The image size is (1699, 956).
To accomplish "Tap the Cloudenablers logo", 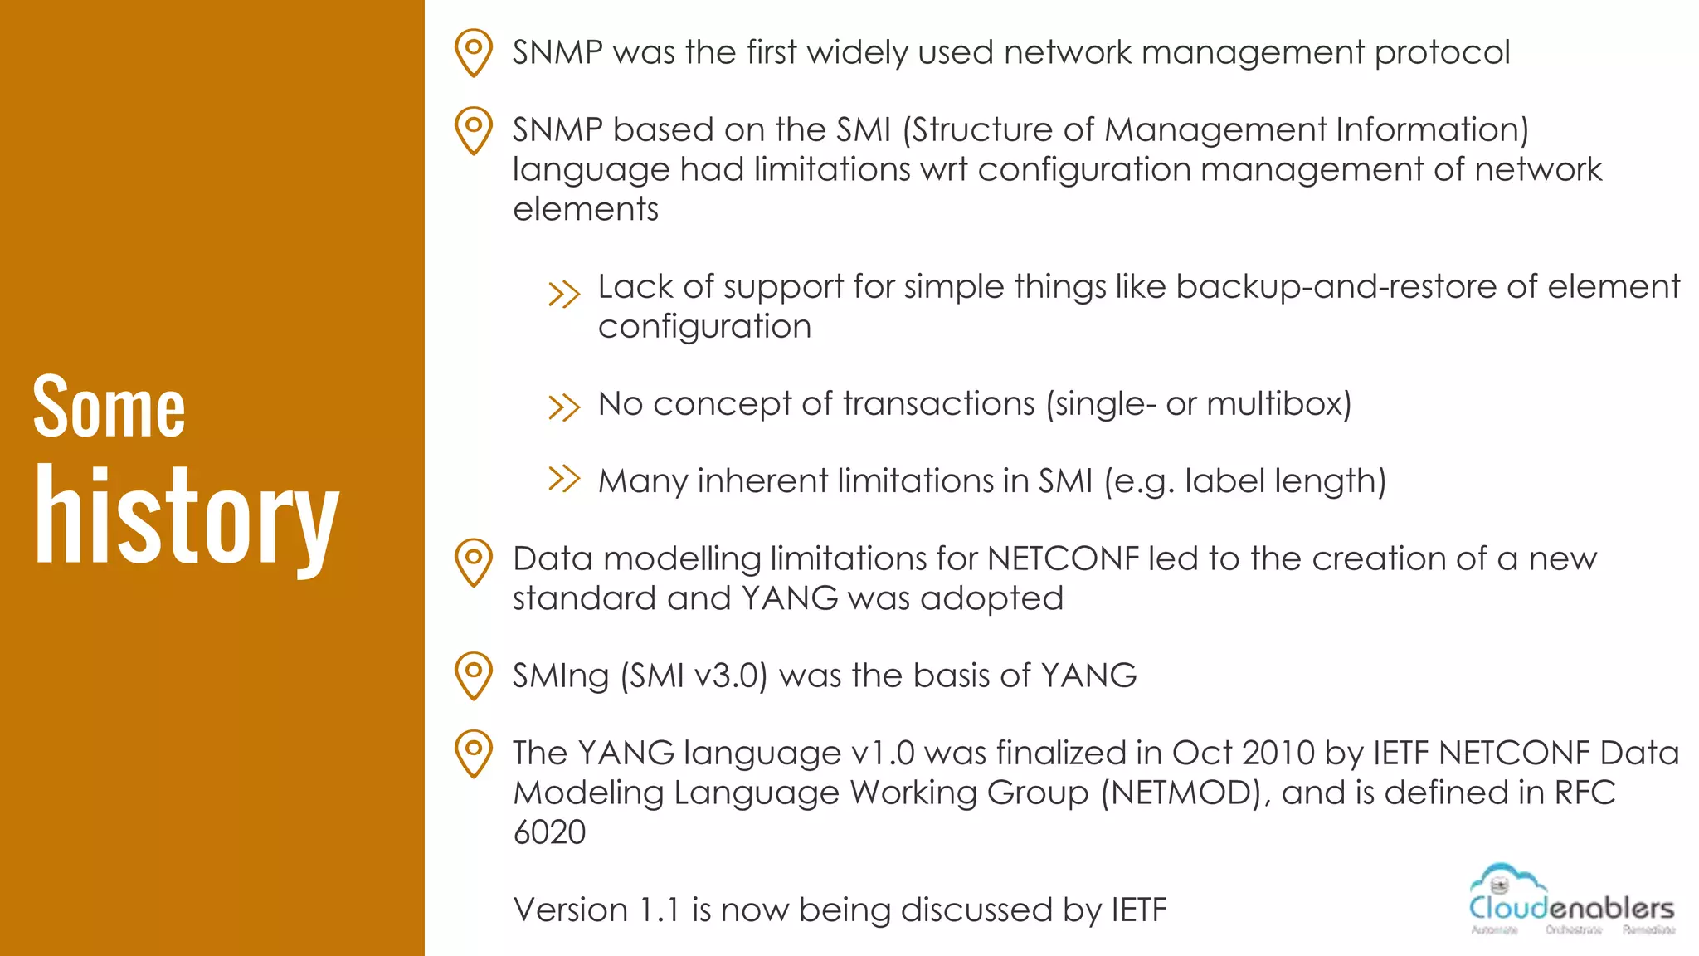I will [x=1571, y=900].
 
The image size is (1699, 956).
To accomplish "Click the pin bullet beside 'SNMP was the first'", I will [x=474, y=52].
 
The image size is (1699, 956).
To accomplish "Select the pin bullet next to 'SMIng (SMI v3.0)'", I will [x=474, y=675].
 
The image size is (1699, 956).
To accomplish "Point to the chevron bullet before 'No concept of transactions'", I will [x=564, y=407].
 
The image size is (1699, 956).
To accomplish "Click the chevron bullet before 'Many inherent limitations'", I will [x=564, y=479].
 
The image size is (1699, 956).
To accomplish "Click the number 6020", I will [x=549, y=832].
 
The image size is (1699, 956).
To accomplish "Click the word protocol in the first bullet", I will [x=1442, y=53].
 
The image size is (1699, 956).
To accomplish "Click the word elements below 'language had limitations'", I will [x=585, y=209].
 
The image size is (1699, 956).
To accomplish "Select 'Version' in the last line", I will [x=571, y=910].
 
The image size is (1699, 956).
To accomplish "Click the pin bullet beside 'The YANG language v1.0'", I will [x=474, y=752].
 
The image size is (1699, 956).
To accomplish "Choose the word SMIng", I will [x=561, y=676].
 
